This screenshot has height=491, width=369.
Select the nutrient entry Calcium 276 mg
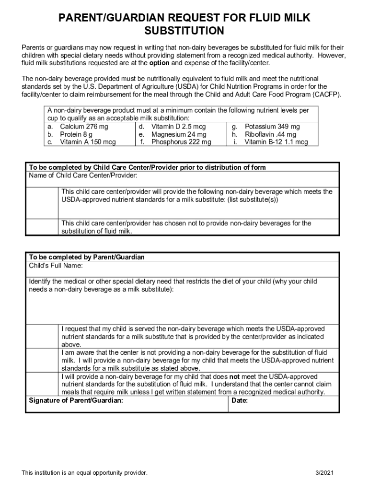84,127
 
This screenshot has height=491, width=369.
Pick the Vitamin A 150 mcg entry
88,142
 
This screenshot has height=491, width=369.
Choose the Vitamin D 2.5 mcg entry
178,127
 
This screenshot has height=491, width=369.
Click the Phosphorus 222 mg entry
181,142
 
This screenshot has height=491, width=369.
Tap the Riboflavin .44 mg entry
270,134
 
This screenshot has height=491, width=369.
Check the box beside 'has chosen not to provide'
43,227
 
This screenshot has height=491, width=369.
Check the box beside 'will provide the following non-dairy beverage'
43,202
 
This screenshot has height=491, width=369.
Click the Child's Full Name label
56,266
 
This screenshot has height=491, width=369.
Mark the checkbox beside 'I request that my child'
43,336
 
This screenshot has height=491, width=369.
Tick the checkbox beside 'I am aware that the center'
43,360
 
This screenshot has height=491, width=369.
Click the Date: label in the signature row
239,400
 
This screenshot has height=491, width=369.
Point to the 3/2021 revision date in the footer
324,473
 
